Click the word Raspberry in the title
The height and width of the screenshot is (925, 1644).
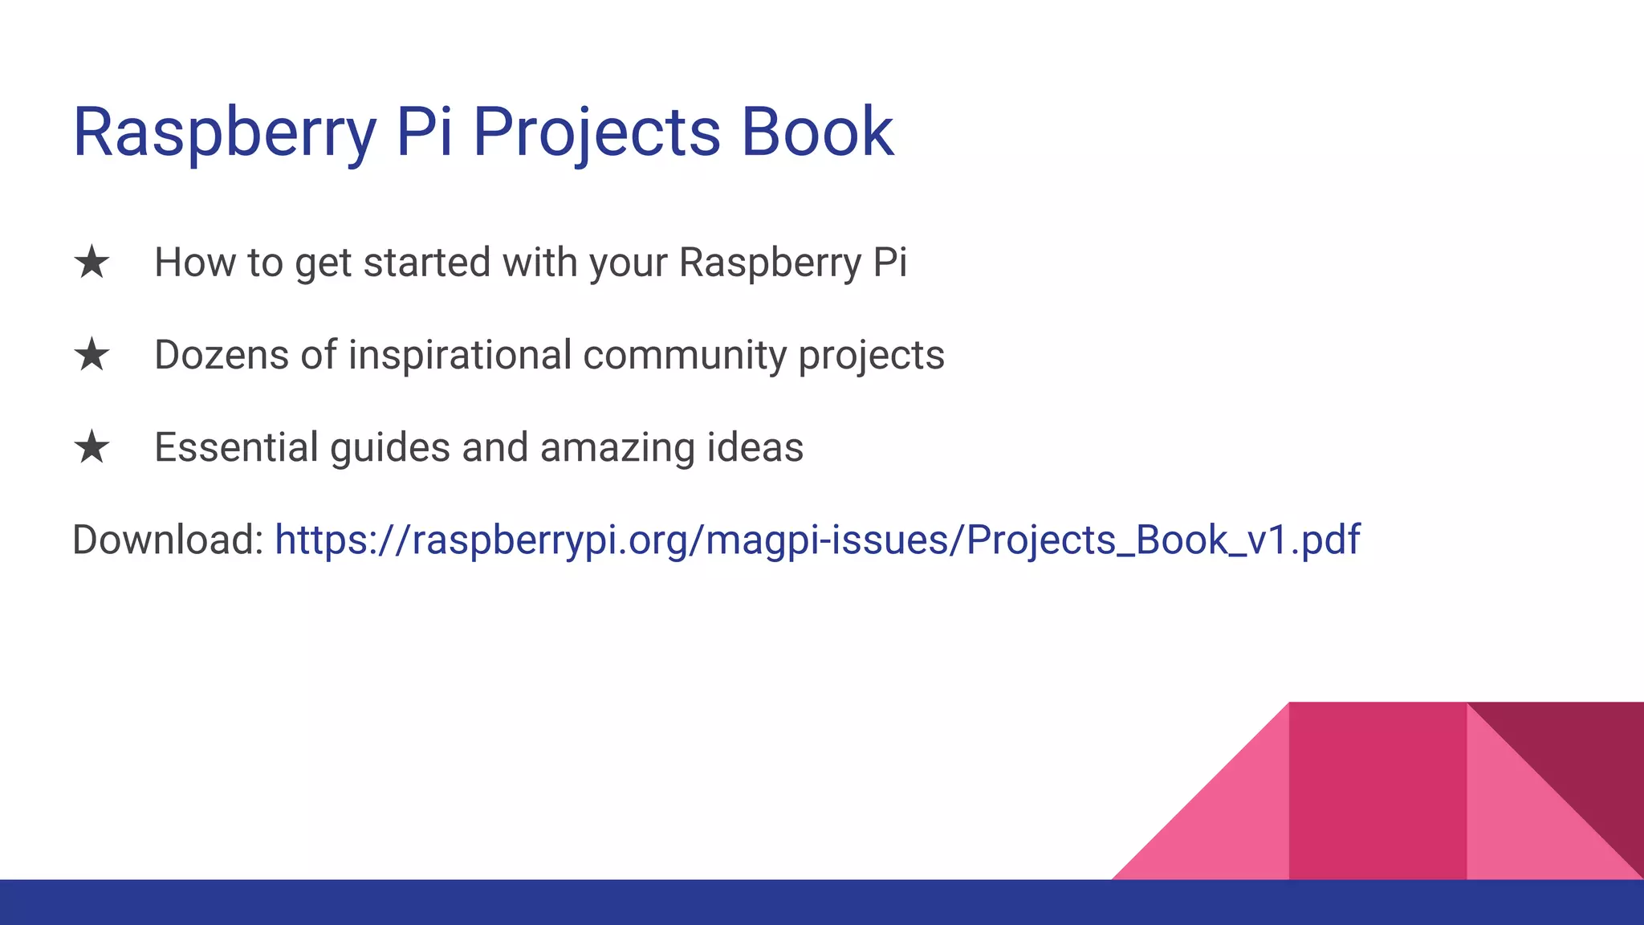[224, 132]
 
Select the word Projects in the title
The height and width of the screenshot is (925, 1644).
[596, 132]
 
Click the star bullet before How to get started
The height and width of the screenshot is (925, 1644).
[92, 263]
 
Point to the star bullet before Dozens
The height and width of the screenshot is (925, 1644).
[92, 356]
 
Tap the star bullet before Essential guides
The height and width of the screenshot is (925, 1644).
[92, 448]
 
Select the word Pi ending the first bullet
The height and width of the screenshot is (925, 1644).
[889, 263]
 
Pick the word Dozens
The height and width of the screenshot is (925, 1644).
[222, 355]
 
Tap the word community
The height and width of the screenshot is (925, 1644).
[684, 355]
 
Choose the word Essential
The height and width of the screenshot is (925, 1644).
[236, 447]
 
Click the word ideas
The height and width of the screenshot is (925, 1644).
[755, 447]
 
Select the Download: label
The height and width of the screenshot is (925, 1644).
[168, 540]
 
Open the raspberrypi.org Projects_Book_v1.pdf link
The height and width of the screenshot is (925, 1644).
[816, 540]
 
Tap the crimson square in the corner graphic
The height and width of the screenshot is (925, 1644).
[1377, 791]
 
